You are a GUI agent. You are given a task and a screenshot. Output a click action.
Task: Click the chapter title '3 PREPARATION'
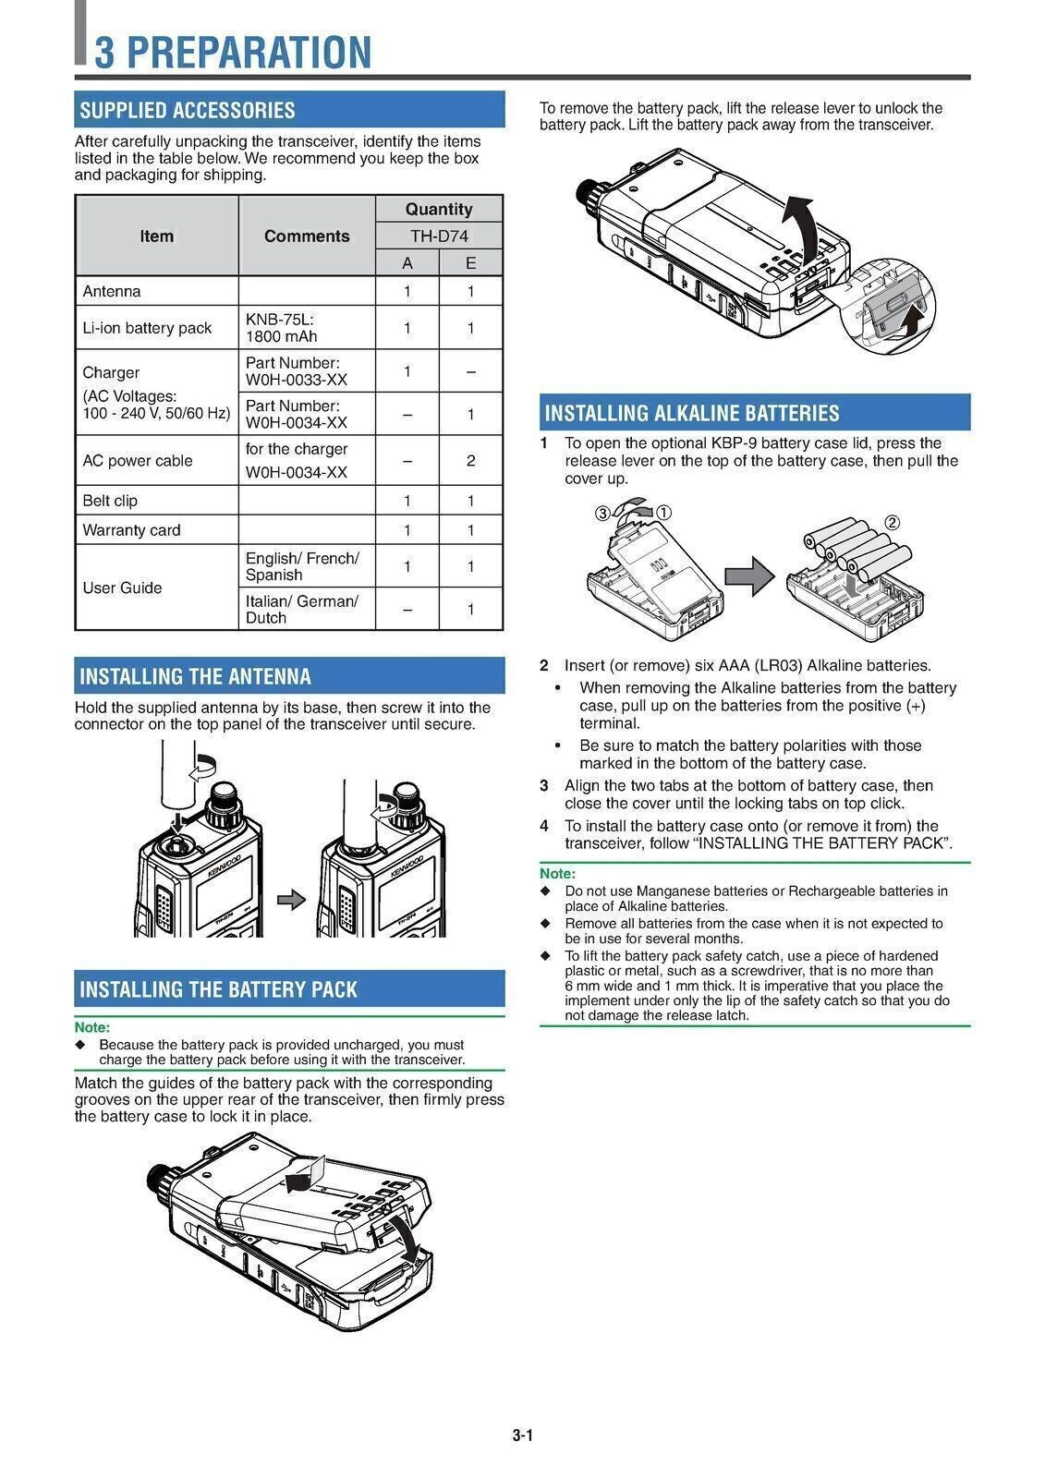[233, 52]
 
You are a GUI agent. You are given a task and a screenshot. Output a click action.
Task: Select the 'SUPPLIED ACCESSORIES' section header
[188, 110]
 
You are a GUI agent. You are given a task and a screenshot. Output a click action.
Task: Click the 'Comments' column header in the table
[307, 236]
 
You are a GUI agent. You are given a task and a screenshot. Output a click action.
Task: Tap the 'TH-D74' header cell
[439, 236]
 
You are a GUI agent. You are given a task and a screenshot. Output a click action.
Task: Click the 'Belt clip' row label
[110, 501]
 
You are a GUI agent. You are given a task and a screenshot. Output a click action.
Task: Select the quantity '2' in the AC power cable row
[470, 460]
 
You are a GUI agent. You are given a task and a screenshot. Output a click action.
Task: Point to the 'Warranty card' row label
[131, 530]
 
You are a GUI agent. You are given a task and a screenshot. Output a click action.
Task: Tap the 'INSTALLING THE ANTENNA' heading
[195, 676]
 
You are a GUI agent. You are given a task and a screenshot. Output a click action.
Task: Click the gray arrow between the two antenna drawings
[291, 899]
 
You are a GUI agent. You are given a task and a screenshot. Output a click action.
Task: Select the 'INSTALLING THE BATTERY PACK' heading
[218, 989]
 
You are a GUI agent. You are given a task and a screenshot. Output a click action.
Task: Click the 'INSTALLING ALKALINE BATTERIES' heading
[692, 413]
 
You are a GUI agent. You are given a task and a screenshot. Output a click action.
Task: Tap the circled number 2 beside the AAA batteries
[892, 522]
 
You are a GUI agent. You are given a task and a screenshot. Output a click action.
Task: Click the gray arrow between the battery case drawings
[747, 575]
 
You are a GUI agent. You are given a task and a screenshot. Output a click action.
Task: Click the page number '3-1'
[523, 1436]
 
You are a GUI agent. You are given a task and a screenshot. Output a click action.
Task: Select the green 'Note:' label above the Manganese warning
[557, 873]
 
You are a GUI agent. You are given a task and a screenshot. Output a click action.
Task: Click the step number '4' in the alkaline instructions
[544, 826]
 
